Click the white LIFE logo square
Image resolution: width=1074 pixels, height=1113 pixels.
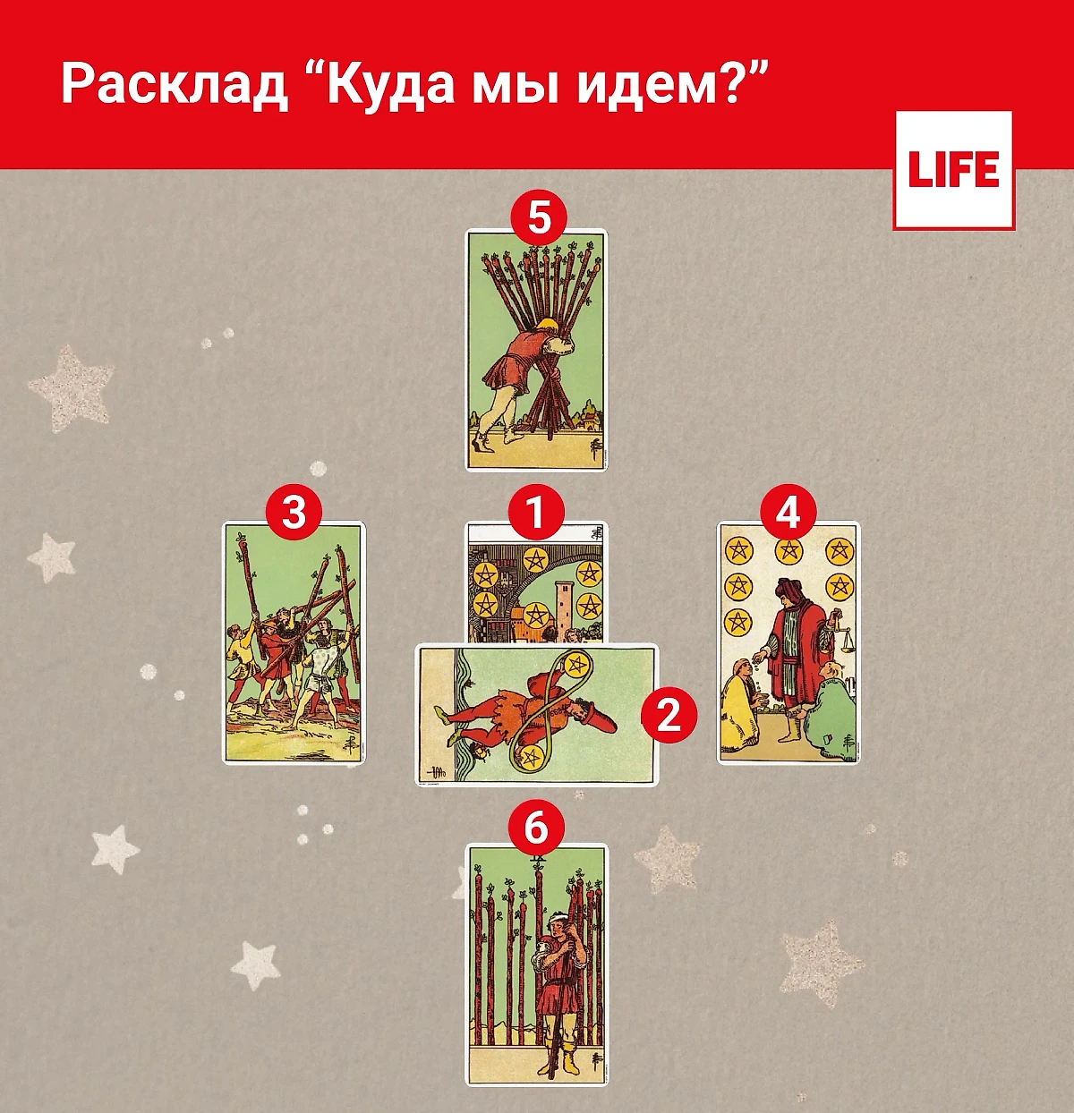tap(953, 170)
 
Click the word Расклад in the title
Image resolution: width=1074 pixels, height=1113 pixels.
tap(175, 85)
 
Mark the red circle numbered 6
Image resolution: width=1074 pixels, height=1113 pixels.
tap(535, 828)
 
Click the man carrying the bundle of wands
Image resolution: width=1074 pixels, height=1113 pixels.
tap(519, 376)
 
